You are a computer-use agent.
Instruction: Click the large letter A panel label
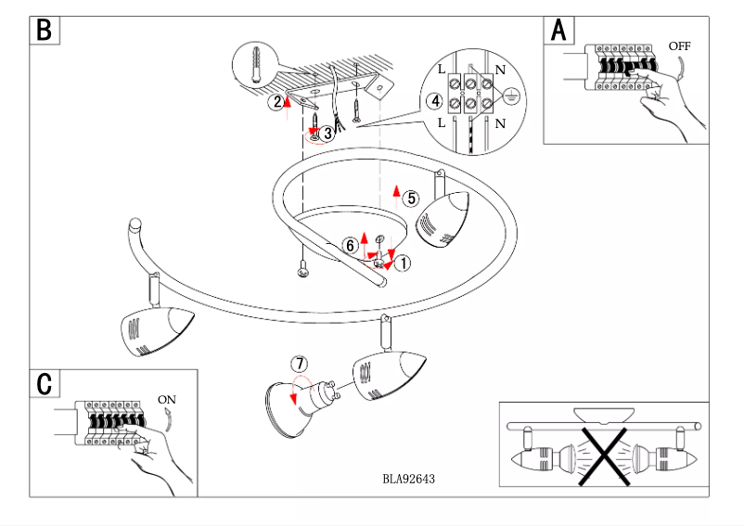click(x=558, y=31)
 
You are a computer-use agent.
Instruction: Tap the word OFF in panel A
click(x=679, y=45)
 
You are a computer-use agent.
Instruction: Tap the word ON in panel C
click(x=167, y=400)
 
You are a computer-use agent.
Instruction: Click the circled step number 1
click(x=403, y=263)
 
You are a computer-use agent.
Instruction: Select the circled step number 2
click(x=276, y=103)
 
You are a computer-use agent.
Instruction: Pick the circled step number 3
click(x=327, y=134)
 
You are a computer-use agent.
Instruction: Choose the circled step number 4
click(x=433, y=100)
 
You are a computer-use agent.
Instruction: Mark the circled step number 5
click(x=412, y=197)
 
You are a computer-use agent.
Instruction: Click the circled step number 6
click(x=350, y=246)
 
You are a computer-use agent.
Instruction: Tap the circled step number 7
click(x=297, y=363)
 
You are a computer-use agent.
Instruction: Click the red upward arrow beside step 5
click(x=395, y=194)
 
